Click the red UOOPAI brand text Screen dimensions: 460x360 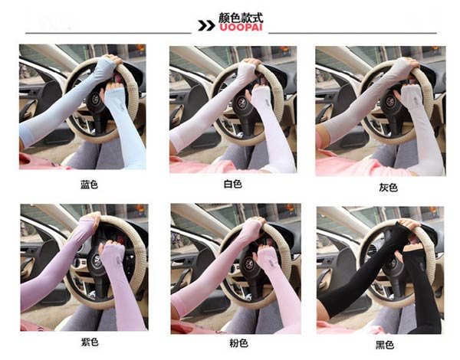[x=241, y=28]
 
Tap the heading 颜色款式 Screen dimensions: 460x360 [x=241, y=18]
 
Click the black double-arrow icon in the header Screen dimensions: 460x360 [x=206, y=25]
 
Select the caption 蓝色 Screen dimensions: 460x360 [x=89, y=185]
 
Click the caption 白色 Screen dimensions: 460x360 [x=233, y=184]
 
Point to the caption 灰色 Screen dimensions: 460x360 [x=388, y=188]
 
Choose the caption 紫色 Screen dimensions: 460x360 [x=90, y=342]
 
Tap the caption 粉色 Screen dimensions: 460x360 [x=238, y=342]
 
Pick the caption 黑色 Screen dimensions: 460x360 [x=385, y=345]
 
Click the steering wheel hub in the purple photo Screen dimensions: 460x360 [x=97, y=260]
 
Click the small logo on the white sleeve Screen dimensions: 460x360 [x=268, y=103]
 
